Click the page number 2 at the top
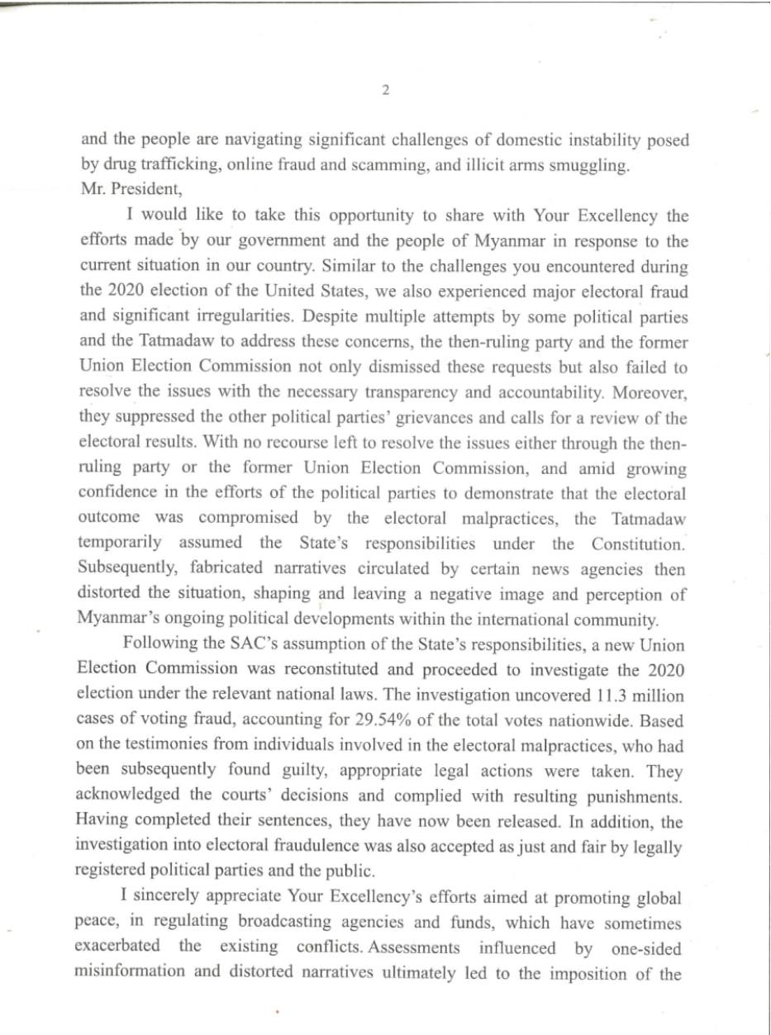pyautogui.click(x=385, y=91)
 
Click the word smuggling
pyautogui.click(x=587, y=165)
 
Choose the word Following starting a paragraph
pyautogui.click(x=159, y=644)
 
